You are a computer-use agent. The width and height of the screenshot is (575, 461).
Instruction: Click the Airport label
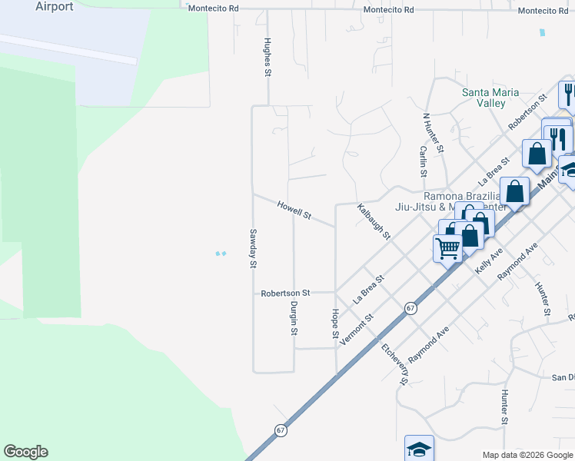tap(55, 7)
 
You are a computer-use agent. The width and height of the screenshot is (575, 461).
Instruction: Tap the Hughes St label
tap(268, 58)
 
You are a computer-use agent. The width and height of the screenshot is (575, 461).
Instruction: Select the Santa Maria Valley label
tap(484, 98)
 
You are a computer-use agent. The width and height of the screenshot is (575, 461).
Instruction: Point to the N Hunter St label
tap(434, 133)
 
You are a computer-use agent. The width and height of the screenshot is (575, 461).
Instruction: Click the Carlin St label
tap(423, 161)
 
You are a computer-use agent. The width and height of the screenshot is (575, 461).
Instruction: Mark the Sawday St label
tap(251, 249)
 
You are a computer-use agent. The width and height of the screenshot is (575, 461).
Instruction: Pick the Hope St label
tap(335, 323)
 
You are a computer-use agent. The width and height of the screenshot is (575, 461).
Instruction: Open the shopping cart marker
tap(447, 248)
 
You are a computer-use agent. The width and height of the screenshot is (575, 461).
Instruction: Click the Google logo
tap(25, 452)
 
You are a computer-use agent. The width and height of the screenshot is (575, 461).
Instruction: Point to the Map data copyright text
tap(527, 455)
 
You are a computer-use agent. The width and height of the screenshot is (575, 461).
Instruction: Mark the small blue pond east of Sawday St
tap(221, 254)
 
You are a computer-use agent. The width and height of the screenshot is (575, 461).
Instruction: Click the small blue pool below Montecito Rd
tap(543, 33)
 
